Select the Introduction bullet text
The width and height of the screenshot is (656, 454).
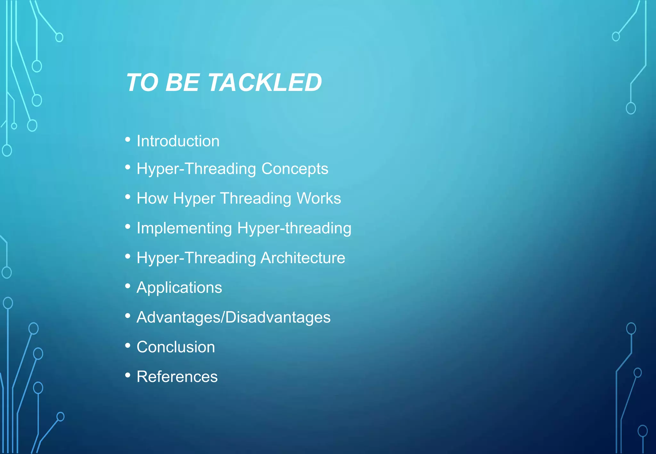click(x=178, y=141)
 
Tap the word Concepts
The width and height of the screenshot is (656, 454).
click(x=295, y=168)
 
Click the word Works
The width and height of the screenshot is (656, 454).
click(x=319, y=198)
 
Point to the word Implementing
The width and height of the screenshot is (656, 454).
click(x=184, y=228)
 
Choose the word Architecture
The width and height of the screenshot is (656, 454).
click(x=303, y=258)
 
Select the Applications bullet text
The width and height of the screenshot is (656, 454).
click(x=179, y=288)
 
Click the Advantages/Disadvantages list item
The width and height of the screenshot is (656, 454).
click(x=233, y=317)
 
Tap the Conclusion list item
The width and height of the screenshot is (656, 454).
click(x=176, y=347)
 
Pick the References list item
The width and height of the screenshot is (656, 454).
click(x=177, y=377)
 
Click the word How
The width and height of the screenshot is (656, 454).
click(x=152, y=198)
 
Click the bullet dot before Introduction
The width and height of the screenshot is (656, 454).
click(x=128, y=140)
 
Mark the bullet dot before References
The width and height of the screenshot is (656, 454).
click(x=128, y=375)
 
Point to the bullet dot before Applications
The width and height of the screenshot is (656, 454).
click(x=128, y=286)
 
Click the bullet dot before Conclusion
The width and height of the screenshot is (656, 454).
click(x=128, y=345)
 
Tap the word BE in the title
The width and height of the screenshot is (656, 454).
click(x=182, y=82)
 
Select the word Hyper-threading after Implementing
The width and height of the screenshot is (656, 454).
click(x=294, y=228)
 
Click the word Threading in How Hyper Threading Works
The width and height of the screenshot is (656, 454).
click(x=255, y=198)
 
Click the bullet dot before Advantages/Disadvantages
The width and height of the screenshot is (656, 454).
click(x=128, y=316)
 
